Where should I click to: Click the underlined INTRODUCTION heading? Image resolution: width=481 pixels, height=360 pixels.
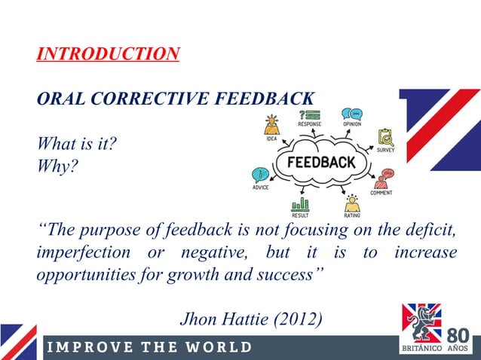point(108,54)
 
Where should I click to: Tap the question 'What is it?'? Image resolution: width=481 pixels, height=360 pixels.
point(76,143)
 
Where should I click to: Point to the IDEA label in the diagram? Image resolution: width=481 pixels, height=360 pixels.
point(271,139)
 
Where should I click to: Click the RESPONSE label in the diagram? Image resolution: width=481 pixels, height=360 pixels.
point(309,124)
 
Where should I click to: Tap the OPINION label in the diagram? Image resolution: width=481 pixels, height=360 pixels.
point(351,124)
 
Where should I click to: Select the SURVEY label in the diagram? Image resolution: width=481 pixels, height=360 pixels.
point(385,150)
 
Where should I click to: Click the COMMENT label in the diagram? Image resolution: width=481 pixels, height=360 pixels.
point(381,193)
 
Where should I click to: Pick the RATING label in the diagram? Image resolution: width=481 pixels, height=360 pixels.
point(352,215)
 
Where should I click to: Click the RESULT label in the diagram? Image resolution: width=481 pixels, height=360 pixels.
point(300,215)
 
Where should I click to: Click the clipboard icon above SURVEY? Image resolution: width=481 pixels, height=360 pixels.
point(385,136)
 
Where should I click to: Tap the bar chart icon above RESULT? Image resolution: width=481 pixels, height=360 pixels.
point(300,203)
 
